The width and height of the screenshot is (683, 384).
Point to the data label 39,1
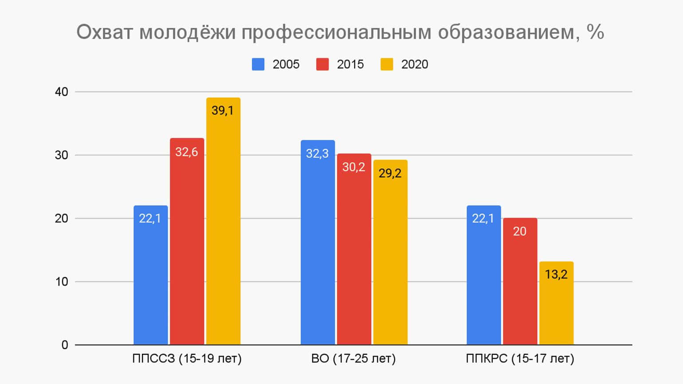point(223,110)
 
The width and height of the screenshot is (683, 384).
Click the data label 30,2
point(354,167)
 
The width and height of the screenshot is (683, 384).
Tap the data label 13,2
point(556,274)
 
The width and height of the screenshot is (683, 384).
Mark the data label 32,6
point(187,152)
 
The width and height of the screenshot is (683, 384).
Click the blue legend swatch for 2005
point(258,64)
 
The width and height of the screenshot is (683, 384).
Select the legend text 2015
point(350,64)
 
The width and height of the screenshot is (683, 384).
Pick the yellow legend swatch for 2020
point(387,64)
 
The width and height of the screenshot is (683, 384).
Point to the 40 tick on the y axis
point(62,92)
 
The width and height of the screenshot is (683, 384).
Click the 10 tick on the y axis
point(62,282)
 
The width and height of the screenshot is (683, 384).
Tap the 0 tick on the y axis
point(65,345)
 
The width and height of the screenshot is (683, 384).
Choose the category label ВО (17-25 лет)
point(353,358)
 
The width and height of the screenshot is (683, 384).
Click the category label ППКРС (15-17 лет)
point(520,358)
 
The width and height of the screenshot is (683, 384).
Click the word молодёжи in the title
point(188,32)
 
